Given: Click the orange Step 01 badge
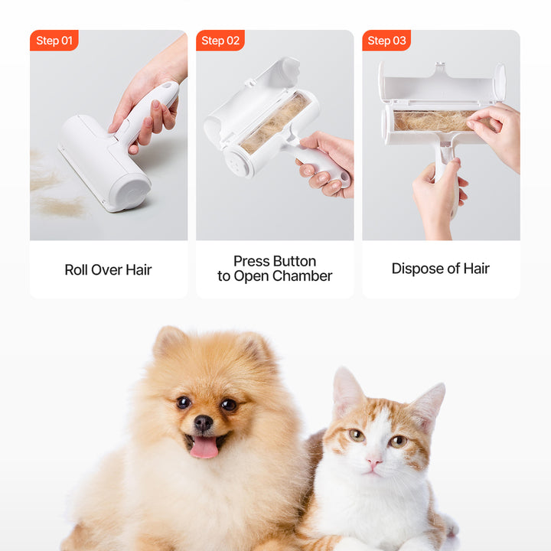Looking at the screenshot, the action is pyautogui.click(x=54, y=41).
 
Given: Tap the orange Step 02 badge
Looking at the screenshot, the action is pyautogui.click(x=220, y=41).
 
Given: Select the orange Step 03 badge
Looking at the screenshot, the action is pyautogui.click(x=386, y=41).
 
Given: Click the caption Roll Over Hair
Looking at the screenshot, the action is pyautogui.click(x=108, y=270).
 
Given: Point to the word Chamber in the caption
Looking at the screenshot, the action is pyautogui.click(x=308, y=275).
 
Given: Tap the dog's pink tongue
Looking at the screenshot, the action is pyautogui.click(x=204, y=447).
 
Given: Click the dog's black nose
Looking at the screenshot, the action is pyautogui.click(x=204, y=422).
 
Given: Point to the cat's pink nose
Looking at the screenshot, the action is pyautogui.click(x=373, y=461).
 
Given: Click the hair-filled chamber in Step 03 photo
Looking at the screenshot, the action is pyautogui.click(x=434, y=121).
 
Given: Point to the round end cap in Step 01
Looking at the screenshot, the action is pyautogui.click(x=131, y=192).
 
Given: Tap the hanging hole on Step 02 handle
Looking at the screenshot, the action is pyautogui.click(x=344, y=178).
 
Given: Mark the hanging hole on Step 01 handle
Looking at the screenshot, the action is pyautogui.click(x=167, y=86).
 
